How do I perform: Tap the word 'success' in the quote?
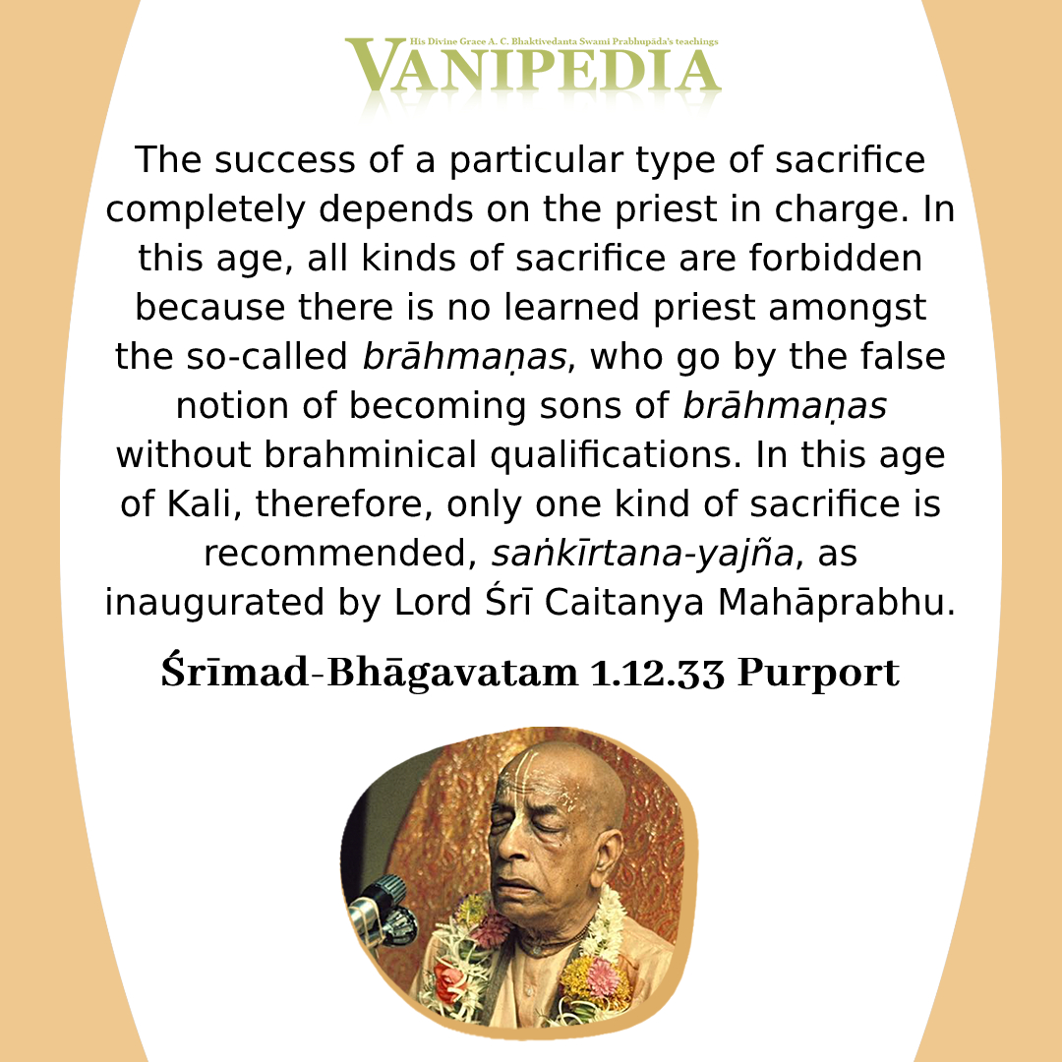285,160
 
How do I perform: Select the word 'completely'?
206,209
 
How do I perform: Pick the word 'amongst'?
848,309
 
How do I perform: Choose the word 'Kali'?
204,503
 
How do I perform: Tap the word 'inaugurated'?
214,603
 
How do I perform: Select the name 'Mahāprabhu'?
837,602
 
